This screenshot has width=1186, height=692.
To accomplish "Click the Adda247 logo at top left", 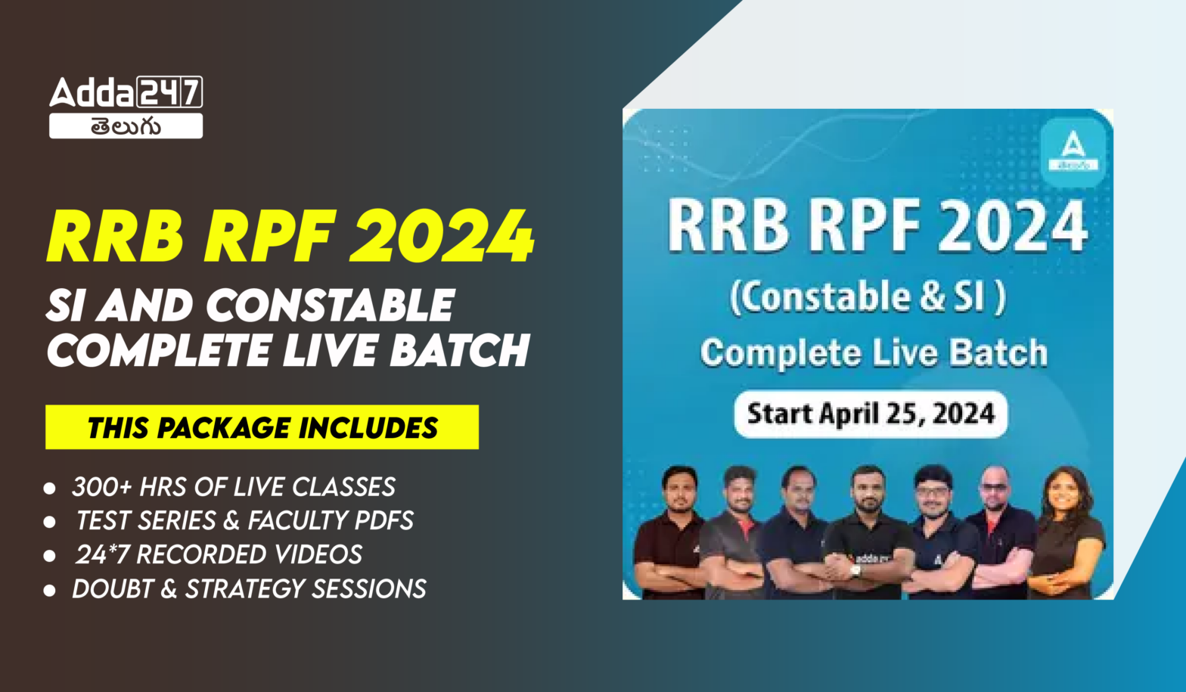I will (x=126, y=92).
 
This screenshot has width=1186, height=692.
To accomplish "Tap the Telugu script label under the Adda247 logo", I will (x=126, y=126).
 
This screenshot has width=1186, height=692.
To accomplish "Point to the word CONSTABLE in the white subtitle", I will (x=330, y=306).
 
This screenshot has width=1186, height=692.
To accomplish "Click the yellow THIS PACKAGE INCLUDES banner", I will (x=262, y=427).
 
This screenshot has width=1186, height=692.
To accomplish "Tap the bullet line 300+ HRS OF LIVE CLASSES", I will (x=233, y=486).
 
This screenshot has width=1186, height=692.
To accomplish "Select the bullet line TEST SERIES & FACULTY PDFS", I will (x=244, y=520).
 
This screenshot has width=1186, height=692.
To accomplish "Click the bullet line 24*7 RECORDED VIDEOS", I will (x=218, y=554).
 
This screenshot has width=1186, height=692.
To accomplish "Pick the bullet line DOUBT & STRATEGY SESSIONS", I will (x=248, y=588).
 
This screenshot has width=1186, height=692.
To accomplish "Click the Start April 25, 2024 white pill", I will (x=871, y=414).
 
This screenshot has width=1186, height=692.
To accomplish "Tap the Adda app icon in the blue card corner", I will (x=1073, y=151).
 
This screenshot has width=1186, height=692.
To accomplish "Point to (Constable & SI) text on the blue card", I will (x=868, y=297).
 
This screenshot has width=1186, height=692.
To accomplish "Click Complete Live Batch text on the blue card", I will (x=874, y=353).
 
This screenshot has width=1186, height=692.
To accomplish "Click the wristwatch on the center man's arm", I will (x=855, y=570).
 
